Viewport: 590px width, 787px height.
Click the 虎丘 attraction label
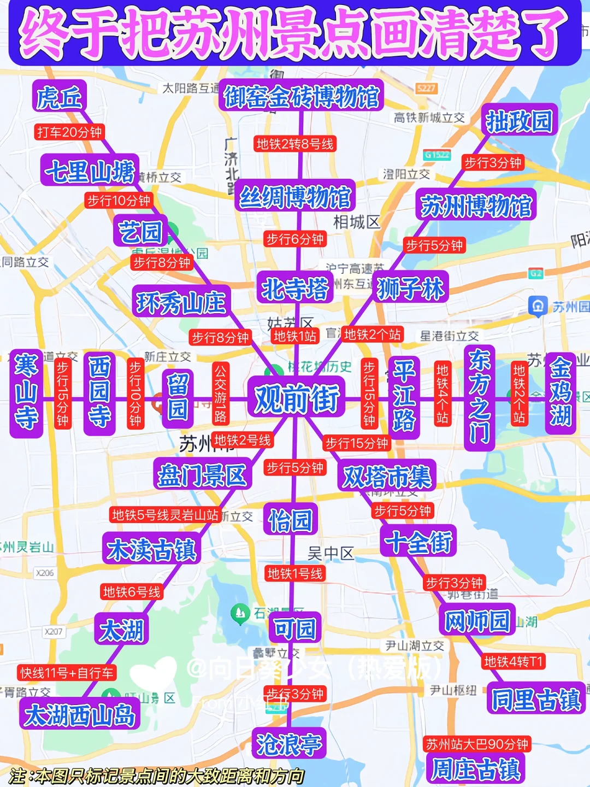point(60,98)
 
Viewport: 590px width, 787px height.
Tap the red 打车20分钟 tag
point(69,132)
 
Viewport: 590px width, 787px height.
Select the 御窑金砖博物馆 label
point(302,97)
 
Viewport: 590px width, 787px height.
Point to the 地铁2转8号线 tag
point(295,144)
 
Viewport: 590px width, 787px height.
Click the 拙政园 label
point(519,121)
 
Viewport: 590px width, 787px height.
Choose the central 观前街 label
point(297,398)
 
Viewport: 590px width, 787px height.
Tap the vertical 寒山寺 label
point(26,392)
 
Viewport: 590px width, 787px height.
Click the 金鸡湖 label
point(560,392)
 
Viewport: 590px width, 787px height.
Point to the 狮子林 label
point(411,288)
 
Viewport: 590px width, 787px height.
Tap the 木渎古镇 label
point(151,549)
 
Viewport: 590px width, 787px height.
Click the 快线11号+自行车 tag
point(67,673)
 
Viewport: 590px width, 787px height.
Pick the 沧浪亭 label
point(289,744)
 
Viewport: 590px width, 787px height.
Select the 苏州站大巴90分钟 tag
point(477,744)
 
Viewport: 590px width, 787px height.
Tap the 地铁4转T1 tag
point(514,662)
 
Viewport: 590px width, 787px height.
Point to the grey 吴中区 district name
point(331,554)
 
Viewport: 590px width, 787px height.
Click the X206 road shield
point(45,573)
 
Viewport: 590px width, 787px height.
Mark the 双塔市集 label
point(387,477)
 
